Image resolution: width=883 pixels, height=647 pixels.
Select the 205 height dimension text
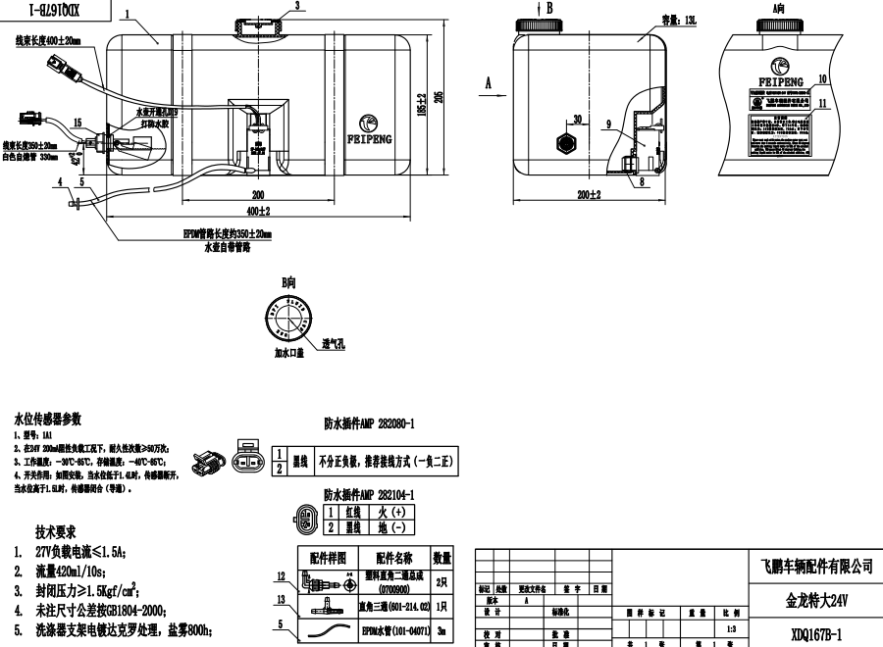440,96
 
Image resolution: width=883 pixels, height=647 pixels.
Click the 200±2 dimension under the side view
590,196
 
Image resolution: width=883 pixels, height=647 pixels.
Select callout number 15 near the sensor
78,122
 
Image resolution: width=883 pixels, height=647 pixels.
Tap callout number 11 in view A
823,102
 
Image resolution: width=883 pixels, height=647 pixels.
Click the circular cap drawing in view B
287,320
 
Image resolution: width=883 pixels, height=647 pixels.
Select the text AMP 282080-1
370,425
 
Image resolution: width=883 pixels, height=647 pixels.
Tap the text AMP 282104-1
370,495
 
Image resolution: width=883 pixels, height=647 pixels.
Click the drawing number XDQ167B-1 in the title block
816,633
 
